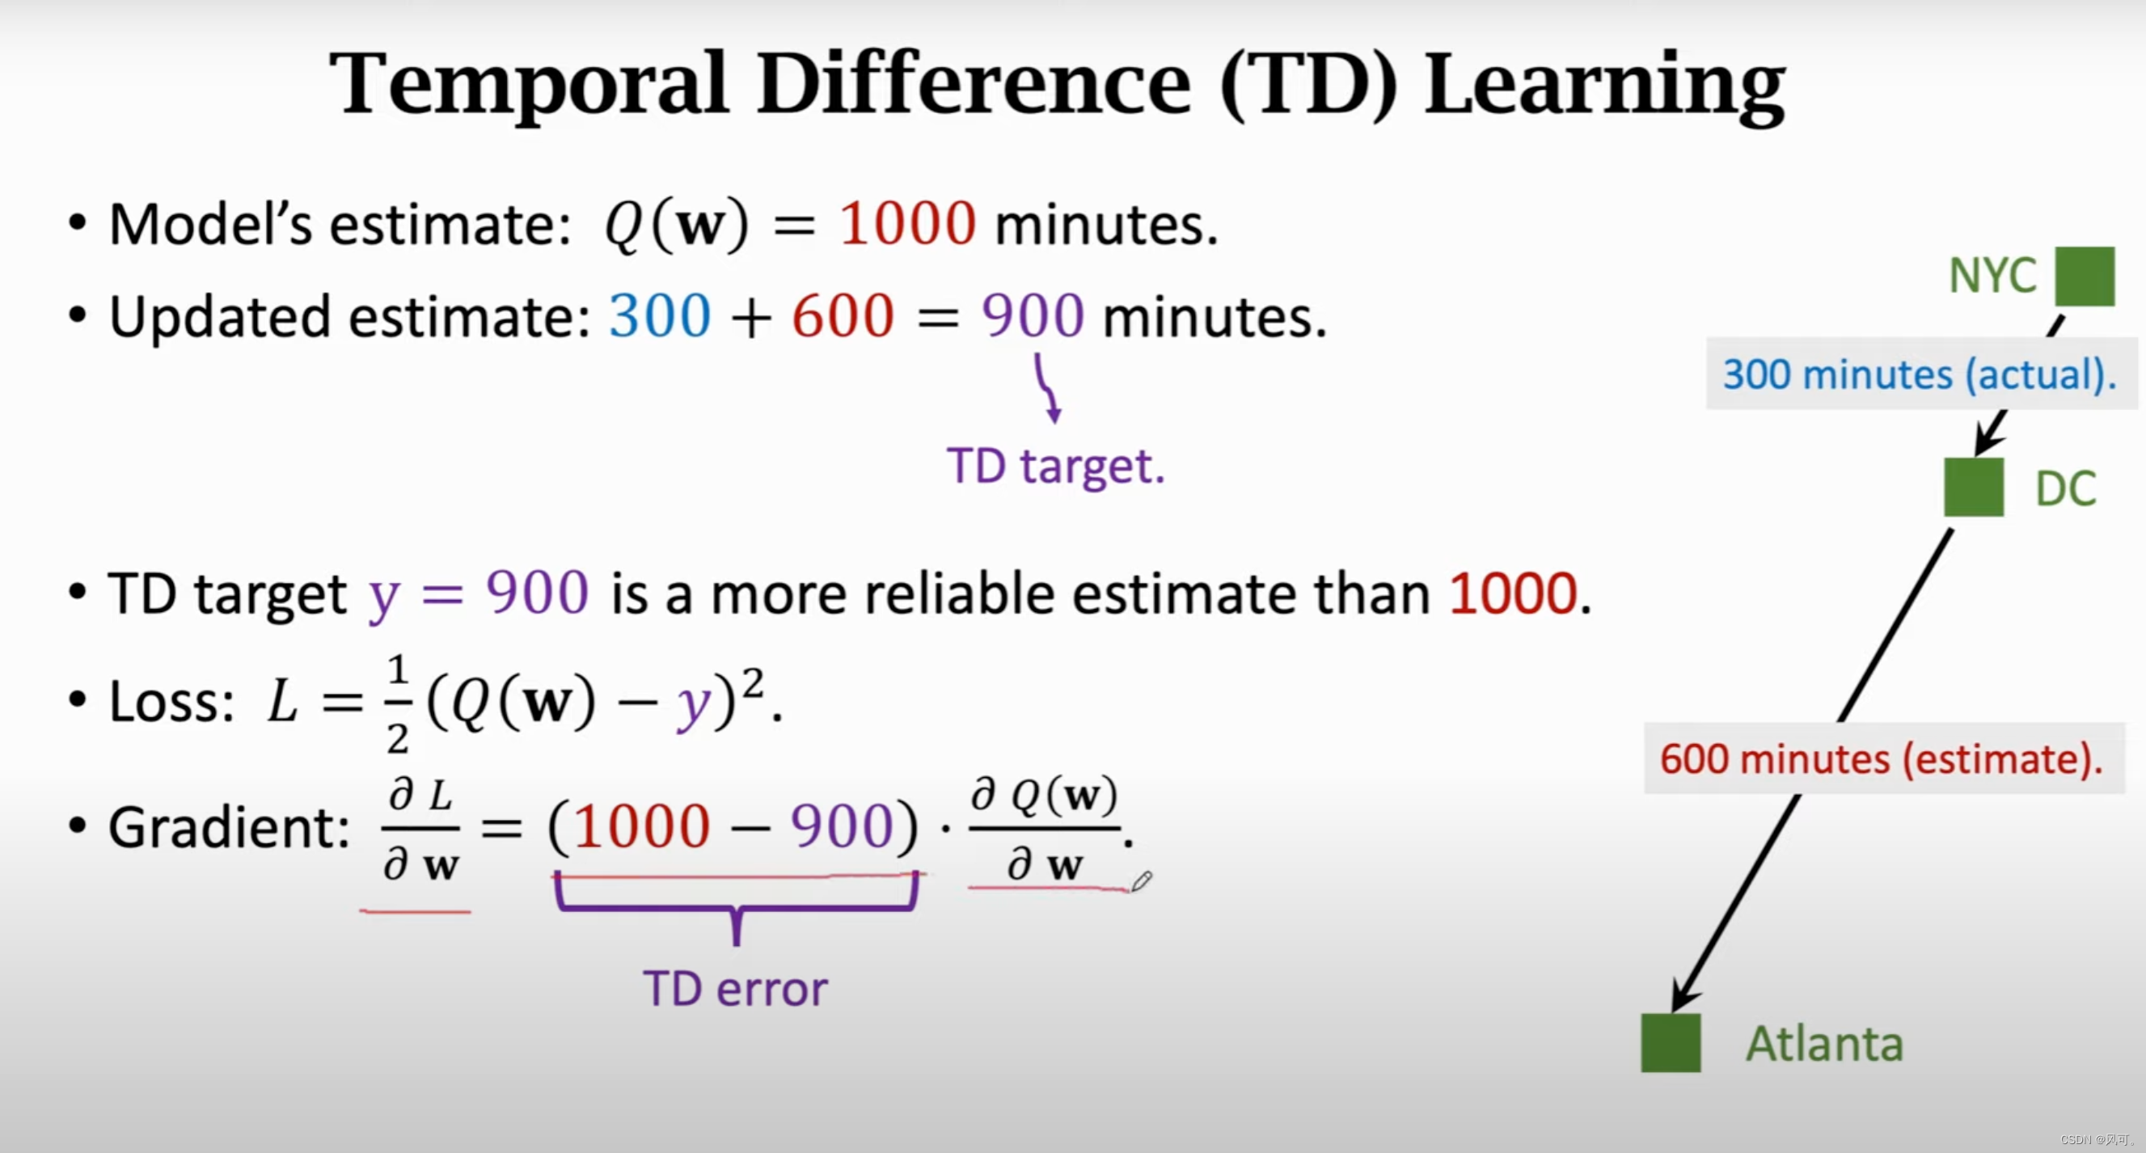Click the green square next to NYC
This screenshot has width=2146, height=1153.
2085,276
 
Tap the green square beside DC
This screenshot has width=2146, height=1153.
1974,487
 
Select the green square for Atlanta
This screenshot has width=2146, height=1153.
1671,1042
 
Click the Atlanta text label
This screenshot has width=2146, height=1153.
1824,1044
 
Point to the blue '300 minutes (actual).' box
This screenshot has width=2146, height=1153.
1920,374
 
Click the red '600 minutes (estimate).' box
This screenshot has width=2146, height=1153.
1882,759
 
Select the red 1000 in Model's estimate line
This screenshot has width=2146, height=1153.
907,224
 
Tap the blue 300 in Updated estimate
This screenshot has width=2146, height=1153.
660,317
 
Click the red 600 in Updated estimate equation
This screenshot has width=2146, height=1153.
843,317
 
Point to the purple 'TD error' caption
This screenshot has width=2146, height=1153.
736,989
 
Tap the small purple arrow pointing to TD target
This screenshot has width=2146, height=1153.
1047,389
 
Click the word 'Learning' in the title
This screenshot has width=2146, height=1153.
1603,83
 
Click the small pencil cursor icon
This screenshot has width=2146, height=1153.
1141,881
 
